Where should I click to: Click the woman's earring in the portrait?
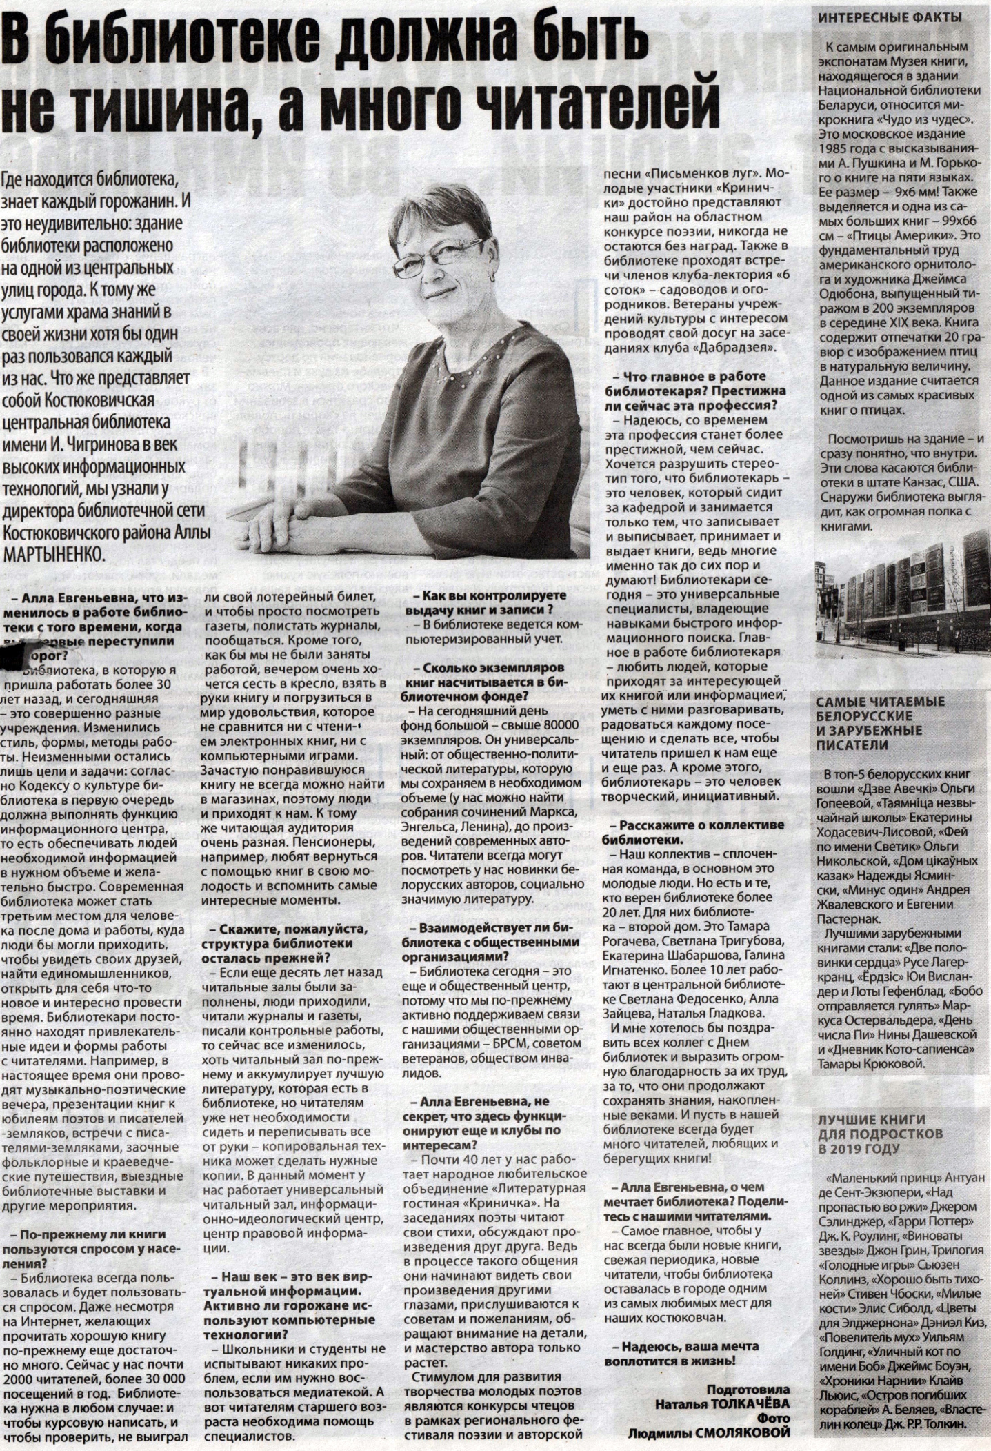click(493, 275)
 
